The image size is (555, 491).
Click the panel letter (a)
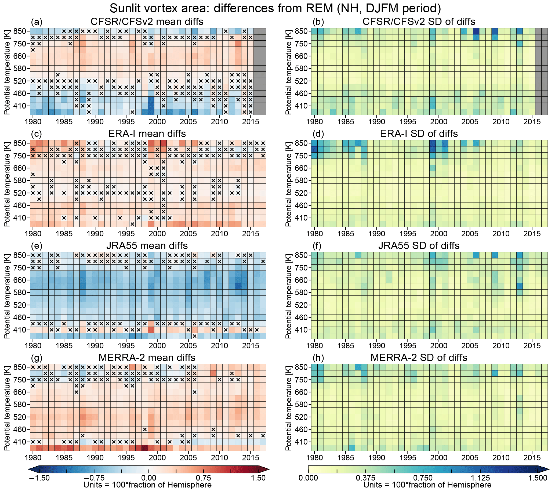click(x=37, y=22)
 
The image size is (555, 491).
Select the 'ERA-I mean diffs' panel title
click(x=147, y=133)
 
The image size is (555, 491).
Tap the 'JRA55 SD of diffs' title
click(x=419, y=245)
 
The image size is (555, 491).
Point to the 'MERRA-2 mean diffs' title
click(x=147, y=358)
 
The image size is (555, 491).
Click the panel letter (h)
click(x=318, y=358)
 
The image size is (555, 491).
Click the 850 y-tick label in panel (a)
click(x=20, y=31)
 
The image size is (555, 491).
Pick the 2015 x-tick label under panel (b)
click(x=532, y=122)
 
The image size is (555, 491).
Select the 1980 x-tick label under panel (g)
click(x=33, y=458)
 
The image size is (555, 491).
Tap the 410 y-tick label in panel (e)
click(x=20, y=330)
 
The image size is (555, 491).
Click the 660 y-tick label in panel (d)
click(x=301, y=168)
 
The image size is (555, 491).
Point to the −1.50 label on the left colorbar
click(x=39, y=478)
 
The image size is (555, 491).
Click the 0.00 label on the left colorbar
click(x=148, y=478)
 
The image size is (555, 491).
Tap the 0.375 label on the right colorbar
click(x=365, y=478)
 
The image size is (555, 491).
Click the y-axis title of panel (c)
click(x=7, y=184)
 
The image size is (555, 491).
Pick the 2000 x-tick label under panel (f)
click(x=439, y=346)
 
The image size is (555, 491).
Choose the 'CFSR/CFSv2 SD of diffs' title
click(x=419, y=22)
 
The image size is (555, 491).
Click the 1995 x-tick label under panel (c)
click(x=126, y=234)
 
